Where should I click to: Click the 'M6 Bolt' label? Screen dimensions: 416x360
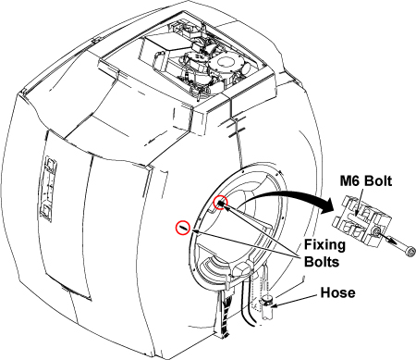pyautogui.click(x=366, y=181)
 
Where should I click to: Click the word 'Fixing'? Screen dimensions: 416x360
pyautogui.click(x=324, y=244)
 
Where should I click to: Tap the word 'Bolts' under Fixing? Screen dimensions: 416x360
pyautogui.click(x=322, y=262)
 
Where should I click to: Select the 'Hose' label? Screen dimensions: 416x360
pyautogui.click(x=337, y=292)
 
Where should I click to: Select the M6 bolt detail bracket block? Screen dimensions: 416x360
pyautogui.click(x=362, y=221)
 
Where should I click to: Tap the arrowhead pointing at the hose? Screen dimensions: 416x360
pyautogui.click(x=275, y=305)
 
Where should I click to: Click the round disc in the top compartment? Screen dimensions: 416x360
pyautogui.click(x=225, y=63)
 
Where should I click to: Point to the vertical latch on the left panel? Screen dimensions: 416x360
pyautogui.click(x=47, y=189)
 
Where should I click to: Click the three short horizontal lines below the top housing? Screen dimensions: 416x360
pyautogui.click(x=236, y=127)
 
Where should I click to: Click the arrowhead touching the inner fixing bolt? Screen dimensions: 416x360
pyautogui.click(x=225, y=207)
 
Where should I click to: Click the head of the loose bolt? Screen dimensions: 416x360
pyautogui.click(x=410, y=252)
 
